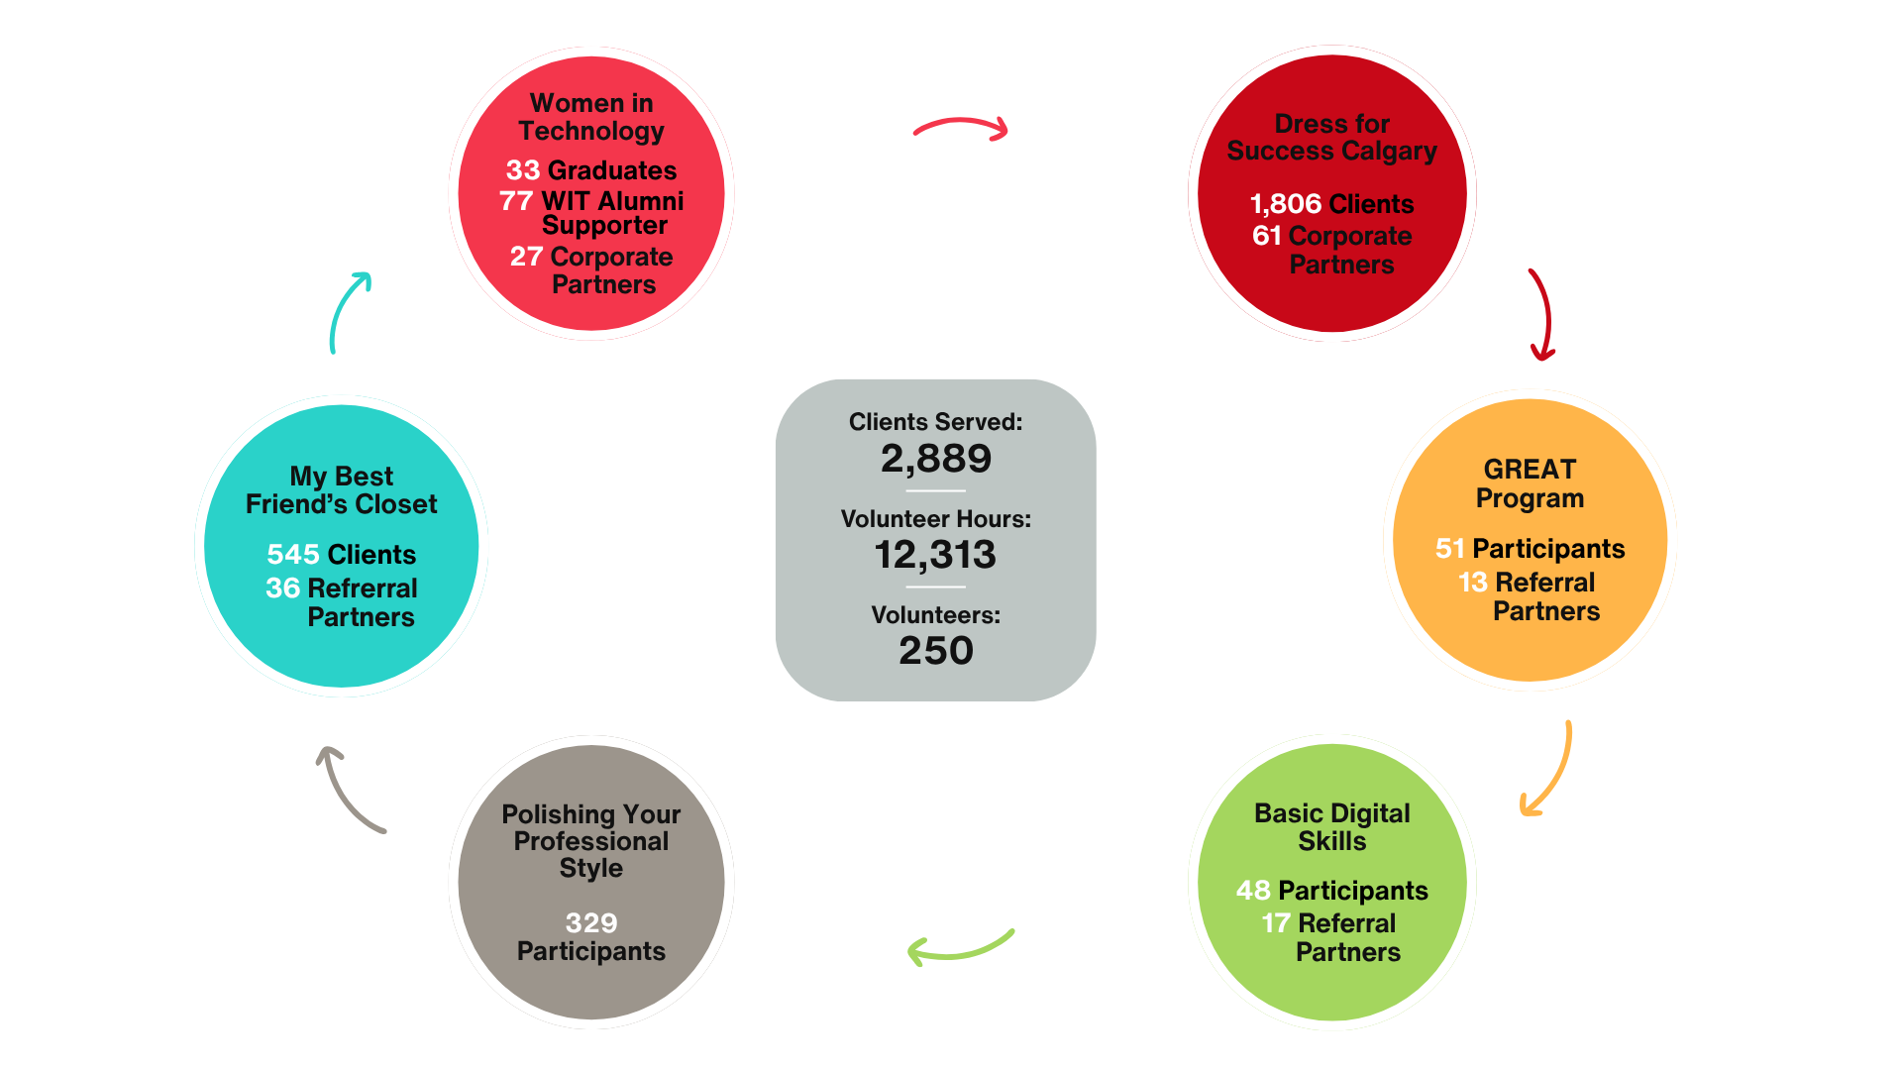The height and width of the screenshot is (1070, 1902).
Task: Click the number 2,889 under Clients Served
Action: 936,459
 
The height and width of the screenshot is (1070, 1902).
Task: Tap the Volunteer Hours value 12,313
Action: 936,555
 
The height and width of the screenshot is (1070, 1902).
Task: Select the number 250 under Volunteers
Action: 936,651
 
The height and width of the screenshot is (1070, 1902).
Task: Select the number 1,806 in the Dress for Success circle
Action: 1285,204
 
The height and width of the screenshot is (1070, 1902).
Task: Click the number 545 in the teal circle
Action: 293,554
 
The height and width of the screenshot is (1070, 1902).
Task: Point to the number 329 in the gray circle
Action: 591,923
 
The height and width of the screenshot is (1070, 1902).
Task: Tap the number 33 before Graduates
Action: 522,170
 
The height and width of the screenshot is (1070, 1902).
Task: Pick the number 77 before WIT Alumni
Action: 516,201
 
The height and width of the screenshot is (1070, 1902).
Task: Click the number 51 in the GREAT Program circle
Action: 1450,549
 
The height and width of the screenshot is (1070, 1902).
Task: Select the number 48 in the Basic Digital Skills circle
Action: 1253,891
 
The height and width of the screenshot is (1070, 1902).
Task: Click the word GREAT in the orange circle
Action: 1530,470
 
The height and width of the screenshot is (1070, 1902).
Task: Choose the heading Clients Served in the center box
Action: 936,422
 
